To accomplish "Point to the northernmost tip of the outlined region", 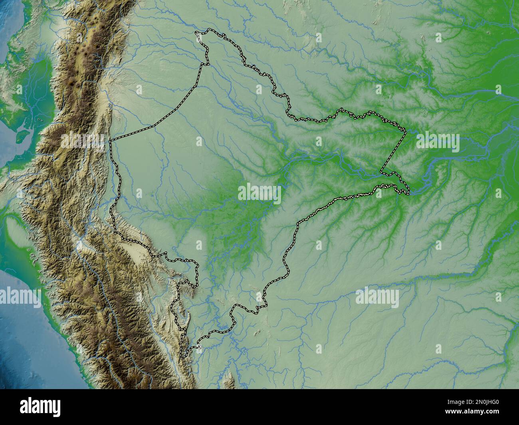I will pos(208,29).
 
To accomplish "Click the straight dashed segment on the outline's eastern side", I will pos(394,151).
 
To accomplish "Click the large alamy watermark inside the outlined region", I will pos(259,193).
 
